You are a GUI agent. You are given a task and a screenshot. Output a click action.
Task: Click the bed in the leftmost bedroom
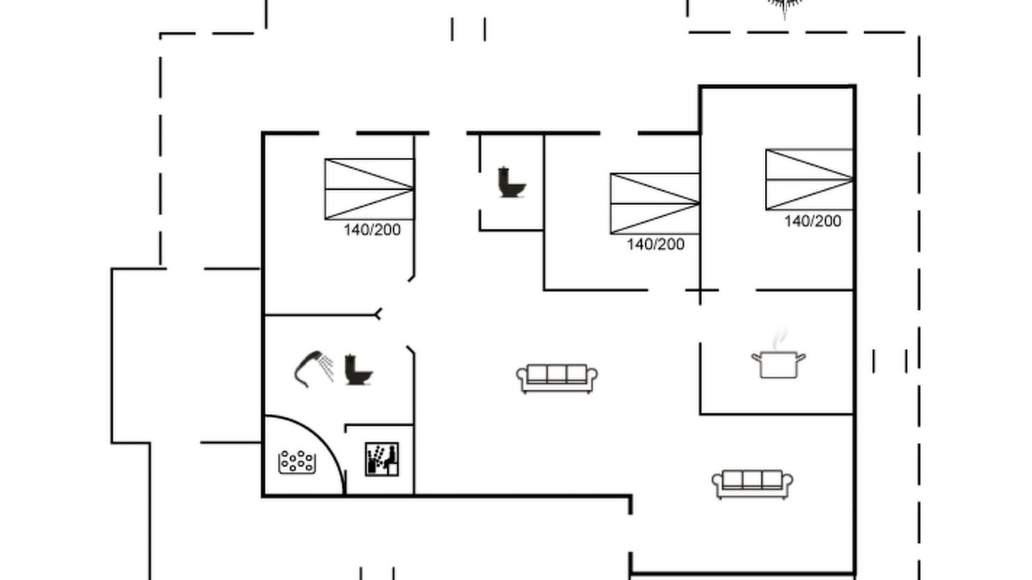click(x=369, y=189)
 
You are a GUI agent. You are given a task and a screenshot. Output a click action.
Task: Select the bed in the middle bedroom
click(x=655, y=204)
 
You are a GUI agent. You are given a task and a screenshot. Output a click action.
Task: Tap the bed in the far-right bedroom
click(x=809, y=180)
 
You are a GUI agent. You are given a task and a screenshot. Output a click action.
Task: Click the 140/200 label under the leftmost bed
click(x=372, y=230)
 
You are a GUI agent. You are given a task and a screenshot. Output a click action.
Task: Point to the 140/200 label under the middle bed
click(x=655, y=244)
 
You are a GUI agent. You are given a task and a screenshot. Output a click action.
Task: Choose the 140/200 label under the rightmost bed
click(x=813, y=221)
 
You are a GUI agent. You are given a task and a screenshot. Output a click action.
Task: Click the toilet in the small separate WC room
click(x=511, y=182)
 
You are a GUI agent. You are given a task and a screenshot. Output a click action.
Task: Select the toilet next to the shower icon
click(x=359, y=370)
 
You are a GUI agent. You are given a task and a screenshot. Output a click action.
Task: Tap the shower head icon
click(x=314, y=368)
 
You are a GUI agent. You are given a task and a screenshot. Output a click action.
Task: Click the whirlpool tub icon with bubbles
click(x=298, y=462)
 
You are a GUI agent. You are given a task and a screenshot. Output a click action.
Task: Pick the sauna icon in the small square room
click(x=382, y=459)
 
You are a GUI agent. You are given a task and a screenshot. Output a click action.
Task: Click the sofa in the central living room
click(x=557, y=379)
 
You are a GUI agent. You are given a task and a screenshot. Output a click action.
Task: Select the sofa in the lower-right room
click(x=752, y=484)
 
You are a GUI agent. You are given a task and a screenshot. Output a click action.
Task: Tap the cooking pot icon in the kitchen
click(x=779, y=365)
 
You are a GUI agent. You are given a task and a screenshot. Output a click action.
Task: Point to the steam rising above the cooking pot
click(x=780, y=339)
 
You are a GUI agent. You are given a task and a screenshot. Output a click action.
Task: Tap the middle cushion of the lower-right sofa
click(x=752, y=479)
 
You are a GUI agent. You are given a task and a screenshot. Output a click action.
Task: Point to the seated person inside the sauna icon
click(x=391, y=457)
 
